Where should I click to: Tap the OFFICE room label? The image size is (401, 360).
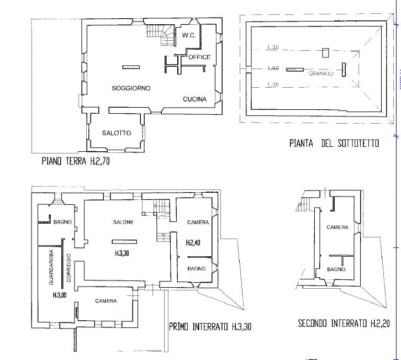[199, 57]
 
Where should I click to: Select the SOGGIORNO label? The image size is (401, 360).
[131, 88]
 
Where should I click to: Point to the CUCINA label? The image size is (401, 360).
[195, 99]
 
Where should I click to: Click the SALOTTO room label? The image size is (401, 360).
[117, 133]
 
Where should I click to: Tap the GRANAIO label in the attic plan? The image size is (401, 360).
[321, 73]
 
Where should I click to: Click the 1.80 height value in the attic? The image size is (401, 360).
[272, 69]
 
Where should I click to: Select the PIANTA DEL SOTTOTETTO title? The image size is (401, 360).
[334, 143]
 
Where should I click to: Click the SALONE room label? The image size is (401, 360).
[123, 223]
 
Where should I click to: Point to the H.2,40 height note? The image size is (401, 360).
[193, 242]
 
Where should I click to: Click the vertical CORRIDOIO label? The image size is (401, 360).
[68, 268]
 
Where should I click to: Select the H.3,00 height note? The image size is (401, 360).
[60, 295]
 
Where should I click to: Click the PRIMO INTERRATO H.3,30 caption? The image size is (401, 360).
[210, 326]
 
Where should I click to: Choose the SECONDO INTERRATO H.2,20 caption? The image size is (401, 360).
[344, 324]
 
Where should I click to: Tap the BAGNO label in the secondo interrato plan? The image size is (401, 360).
[336, 269]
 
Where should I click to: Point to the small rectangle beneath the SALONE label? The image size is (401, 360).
[124, 241]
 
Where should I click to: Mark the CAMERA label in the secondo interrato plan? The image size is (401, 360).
[337, 227]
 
